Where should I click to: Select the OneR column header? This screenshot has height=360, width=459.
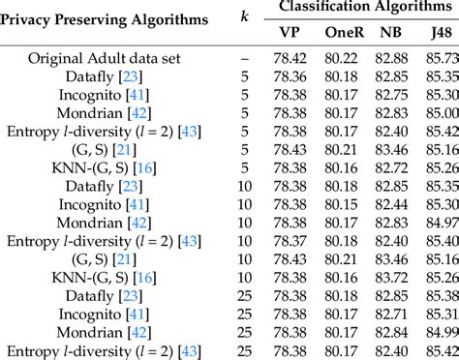point(344,31)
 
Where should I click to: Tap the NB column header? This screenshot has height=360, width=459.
point(391,31)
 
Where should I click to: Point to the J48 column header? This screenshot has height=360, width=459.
point(438,31)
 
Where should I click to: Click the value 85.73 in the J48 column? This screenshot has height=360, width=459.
point(439,57)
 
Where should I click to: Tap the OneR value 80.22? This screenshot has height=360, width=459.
point(344,57)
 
